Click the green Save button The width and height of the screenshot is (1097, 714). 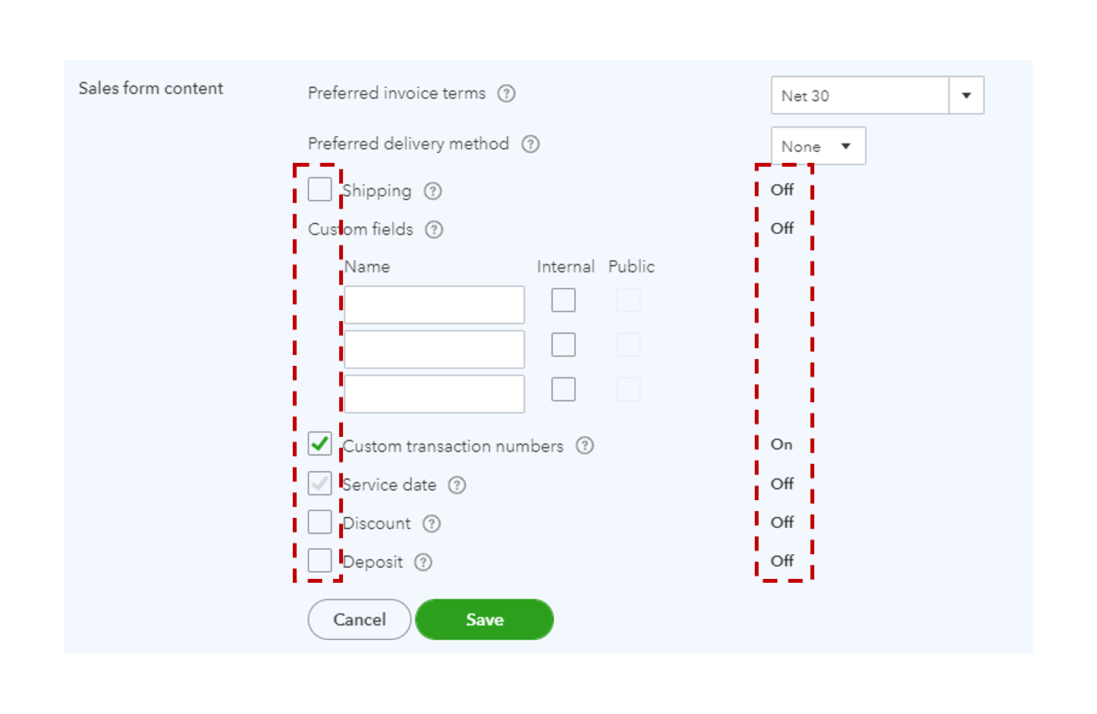click(484, 619)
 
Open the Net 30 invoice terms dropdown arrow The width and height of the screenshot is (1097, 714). click(966, 96)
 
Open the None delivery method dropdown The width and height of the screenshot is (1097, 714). click(818, 146)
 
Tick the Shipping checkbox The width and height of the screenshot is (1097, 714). click(320, 189)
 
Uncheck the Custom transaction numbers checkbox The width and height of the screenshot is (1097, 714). click(320, 444)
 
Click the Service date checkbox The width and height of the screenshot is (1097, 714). click(320, 483)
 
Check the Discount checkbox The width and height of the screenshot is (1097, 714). click(320, 522)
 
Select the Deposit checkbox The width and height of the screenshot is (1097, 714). click(320, 560)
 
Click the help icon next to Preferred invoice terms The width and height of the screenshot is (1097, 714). click(506, 93)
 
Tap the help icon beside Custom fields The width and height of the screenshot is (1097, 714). click(434, 229)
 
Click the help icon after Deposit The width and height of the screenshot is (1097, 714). click(423, 562)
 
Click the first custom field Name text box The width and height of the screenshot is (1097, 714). click(434, 305)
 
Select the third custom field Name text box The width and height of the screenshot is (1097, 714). click(434, 394)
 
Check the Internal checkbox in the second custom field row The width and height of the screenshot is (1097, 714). click(563, 345)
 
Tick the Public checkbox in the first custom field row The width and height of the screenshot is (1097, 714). click(629, 300)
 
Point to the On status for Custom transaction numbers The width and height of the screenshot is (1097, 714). click(781, 445)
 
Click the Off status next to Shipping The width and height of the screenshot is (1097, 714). click(782, 189)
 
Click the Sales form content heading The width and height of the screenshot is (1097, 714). click(151, 88)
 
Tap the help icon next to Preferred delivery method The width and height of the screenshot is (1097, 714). click(531, 144)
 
